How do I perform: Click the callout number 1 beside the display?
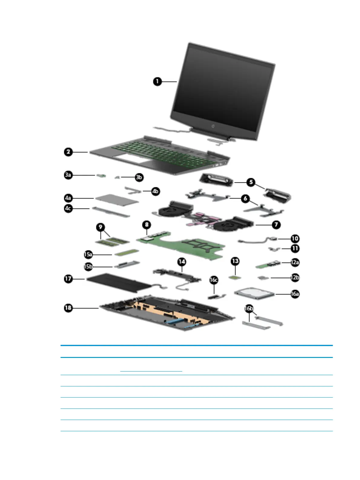[157, 81]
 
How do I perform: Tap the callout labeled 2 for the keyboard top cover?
[68, 152]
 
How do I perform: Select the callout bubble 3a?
[68, 175]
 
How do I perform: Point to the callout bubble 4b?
[155, 191]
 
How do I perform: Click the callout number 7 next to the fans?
[276, 225]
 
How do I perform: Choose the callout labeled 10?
[295, 239]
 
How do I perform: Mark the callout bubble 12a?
[295, 262]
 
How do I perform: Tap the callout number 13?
[235, 261]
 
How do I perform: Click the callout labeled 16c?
[214, 280]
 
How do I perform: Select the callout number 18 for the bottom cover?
[68, 308]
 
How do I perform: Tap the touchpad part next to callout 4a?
[117, 199]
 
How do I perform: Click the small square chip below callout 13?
[235, 277]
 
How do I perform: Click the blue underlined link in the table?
[151, 371]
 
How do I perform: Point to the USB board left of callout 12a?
[268, 265]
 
